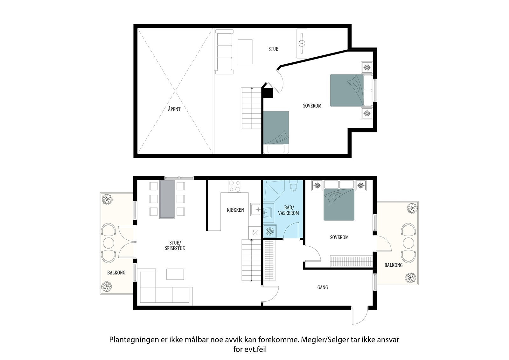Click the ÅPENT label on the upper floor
point(174,109)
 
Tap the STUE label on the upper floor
point(273,49)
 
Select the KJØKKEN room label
point(235,210)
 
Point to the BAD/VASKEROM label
point(289,210)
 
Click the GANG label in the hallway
point(323,287)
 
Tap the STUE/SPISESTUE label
point(175,246)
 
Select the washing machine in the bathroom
point(270,231)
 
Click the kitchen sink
point(256,209)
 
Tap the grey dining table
point(167,199)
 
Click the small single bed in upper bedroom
point(276,132)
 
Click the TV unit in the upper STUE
point(302,43)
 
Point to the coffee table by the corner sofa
point(175,274)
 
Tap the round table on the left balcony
point(108,243)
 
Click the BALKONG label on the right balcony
point(393,265)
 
